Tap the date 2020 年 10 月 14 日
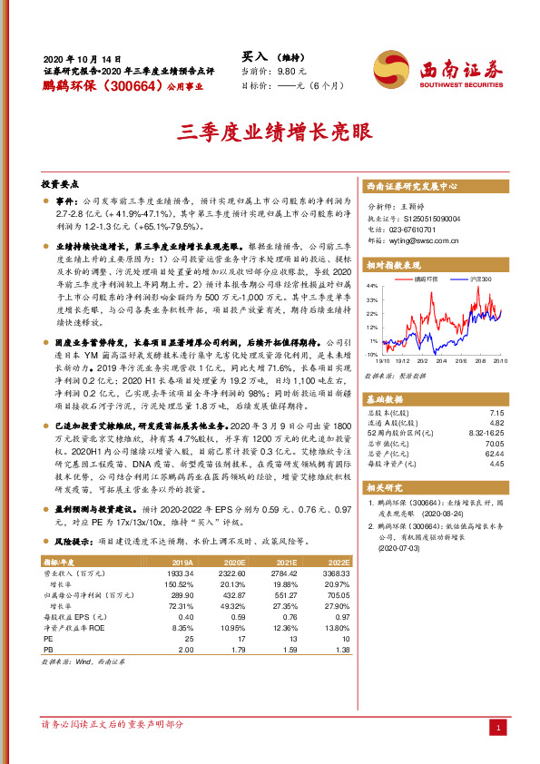(x=82, y=55)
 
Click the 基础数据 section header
(x=387, y=398)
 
